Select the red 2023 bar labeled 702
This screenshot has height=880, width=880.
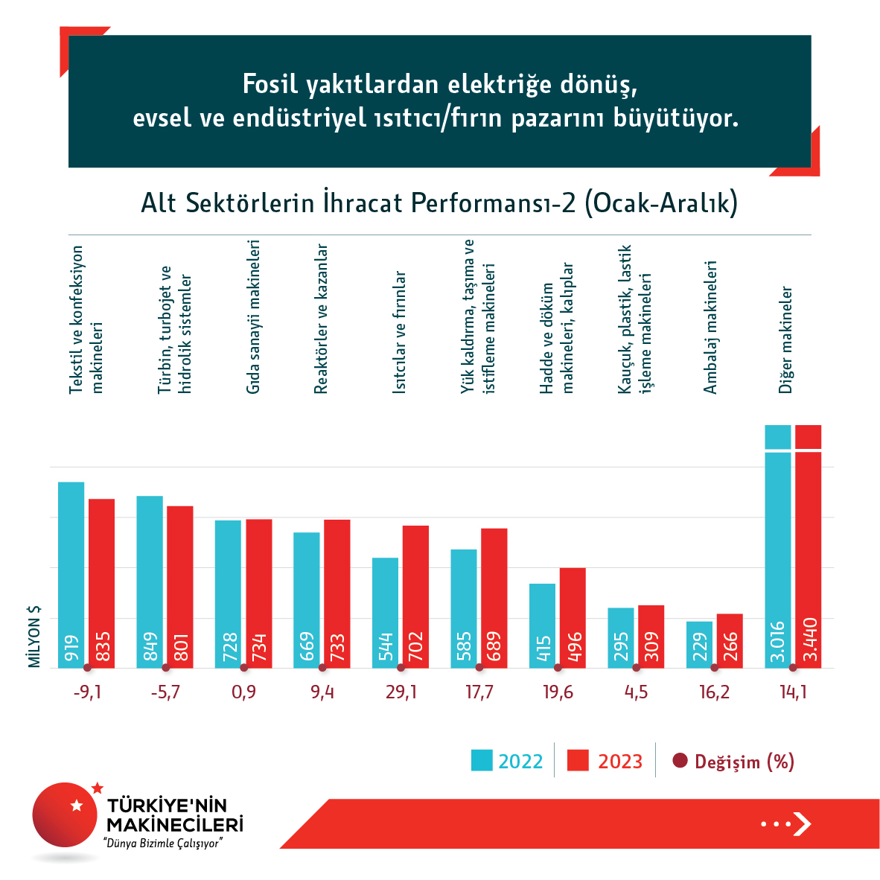point(415,596)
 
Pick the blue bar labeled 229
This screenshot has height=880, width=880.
point(699,645)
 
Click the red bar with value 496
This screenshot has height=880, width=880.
point(573,618)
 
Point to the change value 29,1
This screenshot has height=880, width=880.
point(401,692)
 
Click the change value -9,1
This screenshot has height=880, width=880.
point(87,692)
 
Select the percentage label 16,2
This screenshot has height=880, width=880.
point(715,692)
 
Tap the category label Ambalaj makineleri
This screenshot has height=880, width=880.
point(710,328)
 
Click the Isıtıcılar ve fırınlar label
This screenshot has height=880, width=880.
point(400,332)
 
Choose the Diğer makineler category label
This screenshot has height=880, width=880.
point(785,339)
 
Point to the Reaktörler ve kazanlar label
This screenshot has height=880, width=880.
point(321,319)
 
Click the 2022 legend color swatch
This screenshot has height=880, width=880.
point(482,761)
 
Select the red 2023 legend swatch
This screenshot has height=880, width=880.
point(578,761)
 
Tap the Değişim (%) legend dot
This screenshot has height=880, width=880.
point(680,761)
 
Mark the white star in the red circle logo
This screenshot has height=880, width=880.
point(76,806)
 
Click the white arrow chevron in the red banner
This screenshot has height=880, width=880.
point(802,824)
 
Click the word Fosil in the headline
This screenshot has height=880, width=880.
point(269,84)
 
